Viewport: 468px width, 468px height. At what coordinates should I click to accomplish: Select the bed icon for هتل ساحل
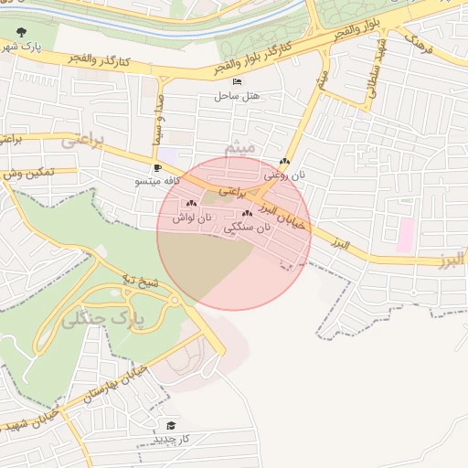pos(238,82)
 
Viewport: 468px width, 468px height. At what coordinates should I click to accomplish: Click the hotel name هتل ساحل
pos(238,95)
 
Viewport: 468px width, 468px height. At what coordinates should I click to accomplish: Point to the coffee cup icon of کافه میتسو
pos(157,168)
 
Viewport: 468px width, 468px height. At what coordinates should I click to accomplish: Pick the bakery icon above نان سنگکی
pos(247,213)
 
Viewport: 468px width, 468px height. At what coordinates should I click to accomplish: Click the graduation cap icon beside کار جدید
pos(170,426)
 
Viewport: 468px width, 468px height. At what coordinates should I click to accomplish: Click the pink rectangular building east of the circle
pos(405,235)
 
